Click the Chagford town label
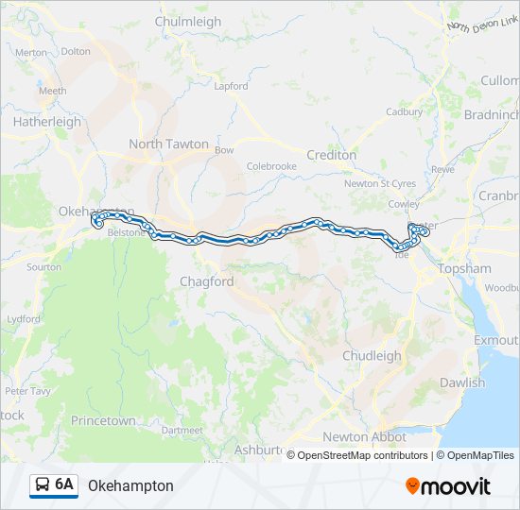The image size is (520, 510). (x=206, y=281)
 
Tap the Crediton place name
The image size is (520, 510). (x=332, y=155)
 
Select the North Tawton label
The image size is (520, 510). (x=168, y=144)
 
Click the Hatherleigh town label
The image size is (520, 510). (x=46, y=121)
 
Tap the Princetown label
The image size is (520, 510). (x=103, y=420)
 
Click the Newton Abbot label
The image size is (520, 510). (x=364, y=437)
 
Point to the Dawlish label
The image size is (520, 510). (x=461, y=382)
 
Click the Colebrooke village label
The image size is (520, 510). (x=271, y=166)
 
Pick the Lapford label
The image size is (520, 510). (x=231, y=86)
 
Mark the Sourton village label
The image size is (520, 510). (x=44, y=267)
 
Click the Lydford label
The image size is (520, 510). (x=24, y=319)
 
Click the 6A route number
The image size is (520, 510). (x=64, y=484)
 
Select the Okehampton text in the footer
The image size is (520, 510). (x=130, y=485)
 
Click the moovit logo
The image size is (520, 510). (x=448, y=485)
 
